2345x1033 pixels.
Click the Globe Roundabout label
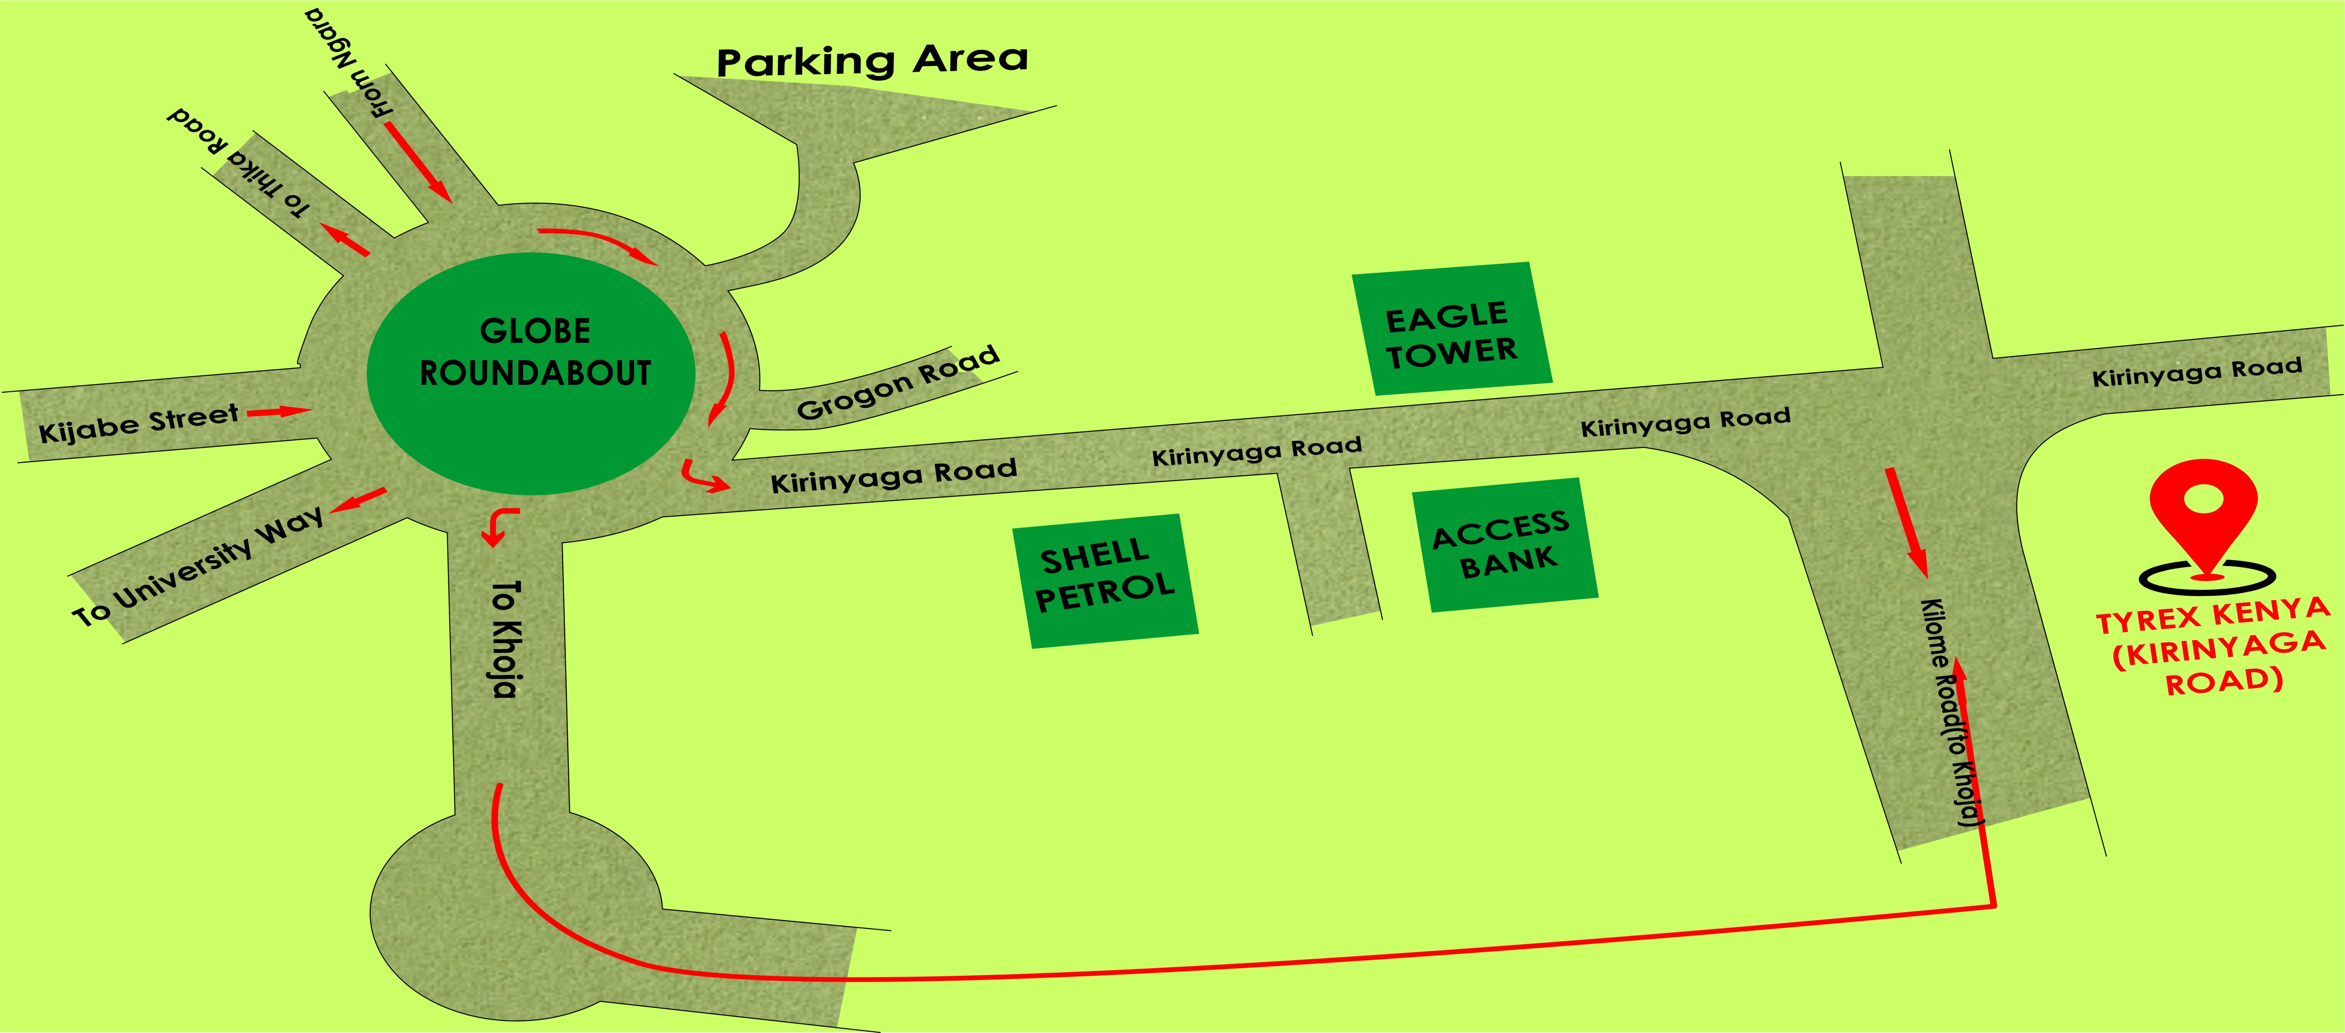point(535,352)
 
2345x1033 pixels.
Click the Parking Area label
point(872,60)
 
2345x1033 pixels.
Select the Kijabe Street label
point(138,423)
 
